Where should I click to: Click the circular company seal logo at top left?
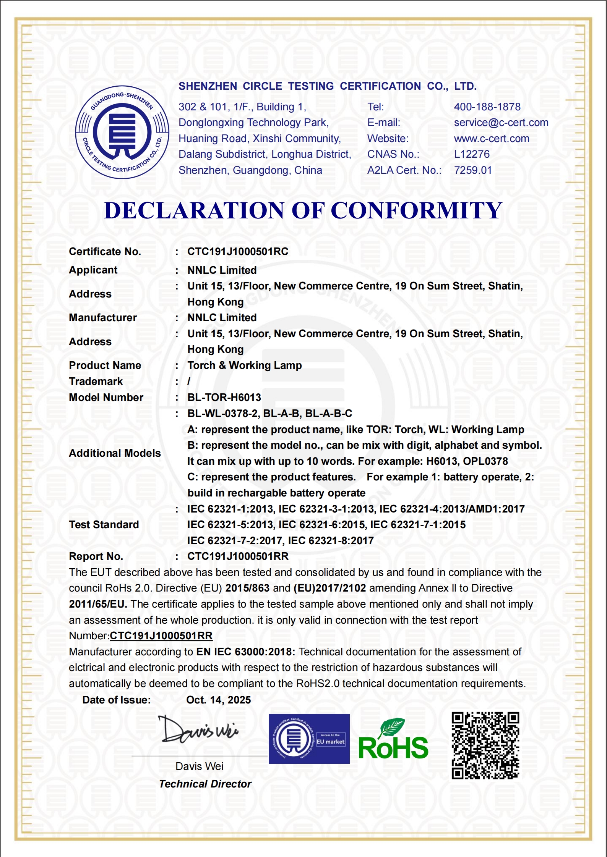(x=122, y=132)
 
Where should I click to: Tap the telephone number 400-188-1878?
(x=487, y=107)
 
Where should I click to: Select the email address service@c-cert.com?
(x=501, y=123)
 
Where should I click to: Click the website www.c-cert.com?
(x=491, y=139)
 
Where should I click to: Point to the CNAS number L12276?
(x=471, y=154)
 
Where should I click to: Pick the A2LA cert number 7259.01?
(x=472, y=170)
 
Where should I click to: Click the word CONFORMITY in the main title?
(x=416, y=210)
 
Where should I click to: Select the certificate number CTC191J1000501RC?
(x=237, y=252)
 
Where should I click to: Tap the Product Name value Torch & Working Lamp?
(x=244, y=365)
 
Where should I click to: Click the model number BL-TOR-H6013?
(x=224, y=398)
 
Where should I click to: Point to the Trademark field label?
(x=96, y=382)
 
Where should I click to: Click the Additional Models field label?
(x=115, y=453)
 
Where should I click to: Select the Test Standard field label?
(x=104, y=525)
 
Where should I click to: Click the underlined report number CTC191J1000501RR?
(x=161, y=636)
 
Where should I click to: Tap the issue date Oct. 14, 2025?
(x=218, y=700)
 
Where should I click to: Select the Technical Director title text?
(x=205, y=784)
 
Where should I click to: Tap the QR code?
(x=485, y=745)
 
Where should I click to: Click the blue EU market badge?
(x=309, y=739)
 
